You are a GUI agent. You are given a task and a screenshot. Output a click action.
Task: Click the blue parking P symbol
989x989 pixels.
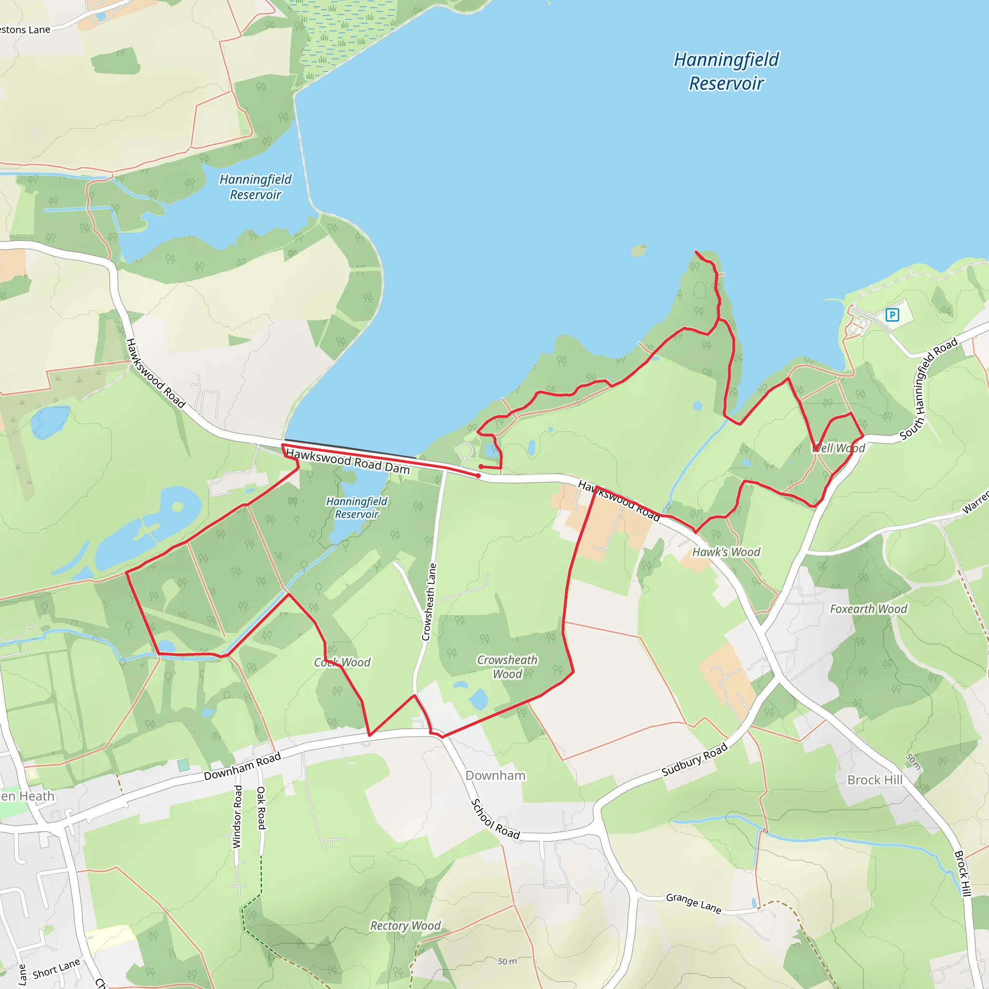(x=892, y=315)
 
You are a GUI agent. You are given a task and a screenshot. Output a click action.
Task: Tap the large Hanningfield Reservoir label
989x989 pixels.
(x=726, y=71)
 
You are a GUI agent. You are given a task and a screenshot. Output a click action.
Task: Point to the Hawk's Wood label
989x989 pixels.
(x=726, y=552)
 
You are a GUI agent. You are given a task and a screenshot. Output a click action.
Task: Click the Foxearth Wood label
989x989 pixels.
(x=868, y=608)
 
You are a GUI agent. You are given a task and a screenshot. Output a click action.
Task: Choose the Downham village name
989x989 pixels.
(x=495, y=776)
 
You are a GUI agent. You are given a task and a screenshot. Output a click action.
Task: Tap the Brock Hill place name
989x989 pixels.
(x=875, y=780)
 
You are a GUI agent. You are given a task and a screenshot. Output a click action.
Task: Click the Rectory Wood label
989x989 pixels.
(x=405, y=926)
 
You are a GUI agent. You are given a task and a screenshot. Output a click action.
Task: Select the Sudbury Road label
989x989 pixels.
(x=694, y=760)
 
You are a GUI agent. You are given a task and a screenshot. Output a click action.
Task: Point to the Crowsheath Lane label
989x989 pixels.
(x=429, y=602)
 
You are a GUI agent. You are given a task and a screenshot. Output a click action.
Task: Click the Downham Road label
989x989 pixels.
(x=242, y=766)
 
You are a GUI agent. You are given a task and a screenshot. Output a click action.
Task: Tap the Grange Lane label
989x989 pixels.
(x=693, y=904)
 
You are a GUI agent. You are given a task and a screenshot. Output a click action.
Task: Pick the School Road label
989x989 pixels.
(x=494, y=819)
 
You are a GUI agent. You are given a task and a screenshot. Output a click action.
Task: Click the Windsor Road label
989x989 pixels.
(x=237, y=816)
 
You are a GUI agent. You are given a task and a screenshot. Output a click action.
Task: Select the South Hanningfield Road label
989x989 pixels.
(x=928, y=389)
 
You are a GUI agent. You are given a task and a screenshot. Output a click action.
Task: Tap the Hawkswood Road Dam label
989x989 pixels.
(x=348, y=461)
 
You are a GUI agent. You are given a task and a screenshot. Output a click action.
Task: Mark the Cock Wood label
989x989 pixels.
(x=342, y=663)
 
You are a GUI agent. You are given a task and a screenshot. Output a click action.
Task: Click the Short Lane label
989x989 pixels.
(x=57, y=969)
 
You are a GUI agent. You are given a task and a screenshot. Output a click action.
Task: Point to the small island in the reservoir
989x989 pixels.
(x=639, y=250)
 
